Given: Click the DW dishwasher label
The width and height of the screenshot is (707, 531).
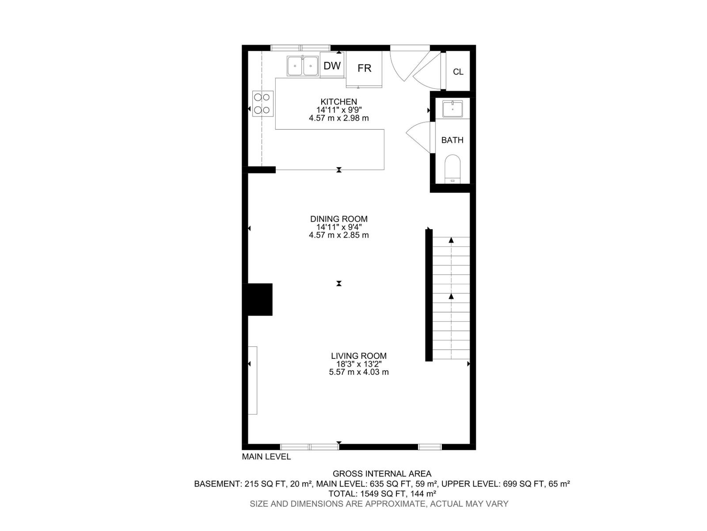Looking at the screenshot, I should [332, 66].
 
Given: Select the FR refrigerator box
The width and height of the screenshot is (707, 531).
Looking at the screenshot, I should [364, 68].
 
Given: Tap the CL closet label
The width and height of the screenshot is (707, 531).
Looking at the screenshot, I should [458, 72].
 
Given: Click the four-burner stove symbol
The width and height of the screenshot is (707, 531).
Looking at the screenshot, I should [262, 104].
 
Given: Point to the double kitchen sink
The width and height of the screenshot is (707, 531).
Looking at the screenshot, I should [303, 66].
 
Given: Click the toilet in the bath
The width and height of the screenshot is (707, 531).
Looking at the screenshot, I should [452, 169].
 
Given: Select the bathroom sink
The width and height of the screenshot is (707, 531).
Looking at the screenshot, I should [452, 108].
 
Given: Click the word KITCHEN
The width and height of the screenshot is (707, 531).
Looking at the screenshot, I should [338, 102].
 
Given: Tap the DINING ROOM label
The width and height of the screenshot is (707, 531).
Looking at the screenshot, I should [338, 219].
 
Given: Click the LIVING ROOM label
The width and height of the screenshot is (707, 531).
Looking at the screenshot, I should [358, 356].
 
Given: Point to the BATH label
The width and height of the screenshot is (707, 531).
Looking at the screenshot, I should [452, 140].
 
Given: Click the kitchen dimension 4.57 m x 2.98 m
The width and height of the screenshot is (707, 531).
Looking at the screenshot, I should [338, 118].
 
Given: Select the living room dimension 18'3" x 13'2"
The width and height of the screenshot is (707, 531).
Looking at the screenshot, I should [358, 364].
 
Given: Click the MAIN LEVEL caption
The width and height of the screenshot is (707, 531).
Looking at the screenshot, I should [266, 457].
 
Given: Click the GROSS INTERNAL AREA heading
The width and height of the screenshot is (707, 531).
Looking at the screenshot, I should [382, 474].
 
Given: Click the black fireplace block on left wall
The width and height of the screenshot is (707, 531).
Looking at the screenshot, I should [259, 300].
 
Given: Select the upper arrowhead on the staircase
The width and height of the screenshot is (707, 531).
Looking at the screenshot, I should [451, 240].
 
